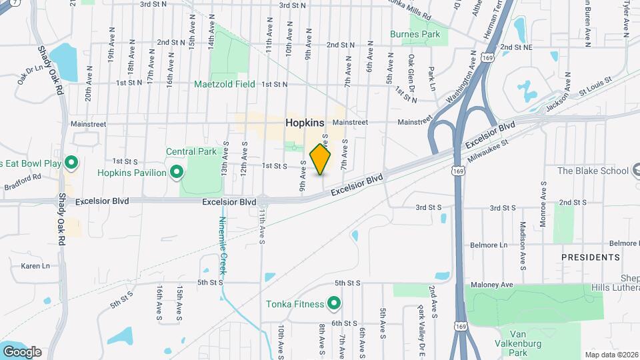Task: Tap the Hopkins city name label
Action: pyautogui.click(x=305, y=123)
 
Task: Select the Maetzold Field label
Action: pyautogui.click(x=225, y=85)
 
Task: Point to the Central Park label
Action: pyautogui.click(x=191, y=151)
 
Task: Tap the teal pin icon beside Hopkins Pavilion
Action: pyautogui.click(x=177, y=173)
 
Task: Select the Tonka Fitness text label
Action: pyautogui.click(x=295, y=305)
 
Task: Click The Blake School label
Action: pyautogui.click(x=593, y=171)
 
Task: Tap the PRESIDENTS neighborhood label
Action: pyautogui.click(x=590, y=257)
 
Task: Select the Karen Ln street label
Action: pyautogui.click(x=35, y=266)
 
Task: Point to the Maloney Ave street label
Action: pyautogui.click(x=494, y=285)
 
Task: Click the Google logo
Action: pyautogui.click(x=22, y=352)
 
